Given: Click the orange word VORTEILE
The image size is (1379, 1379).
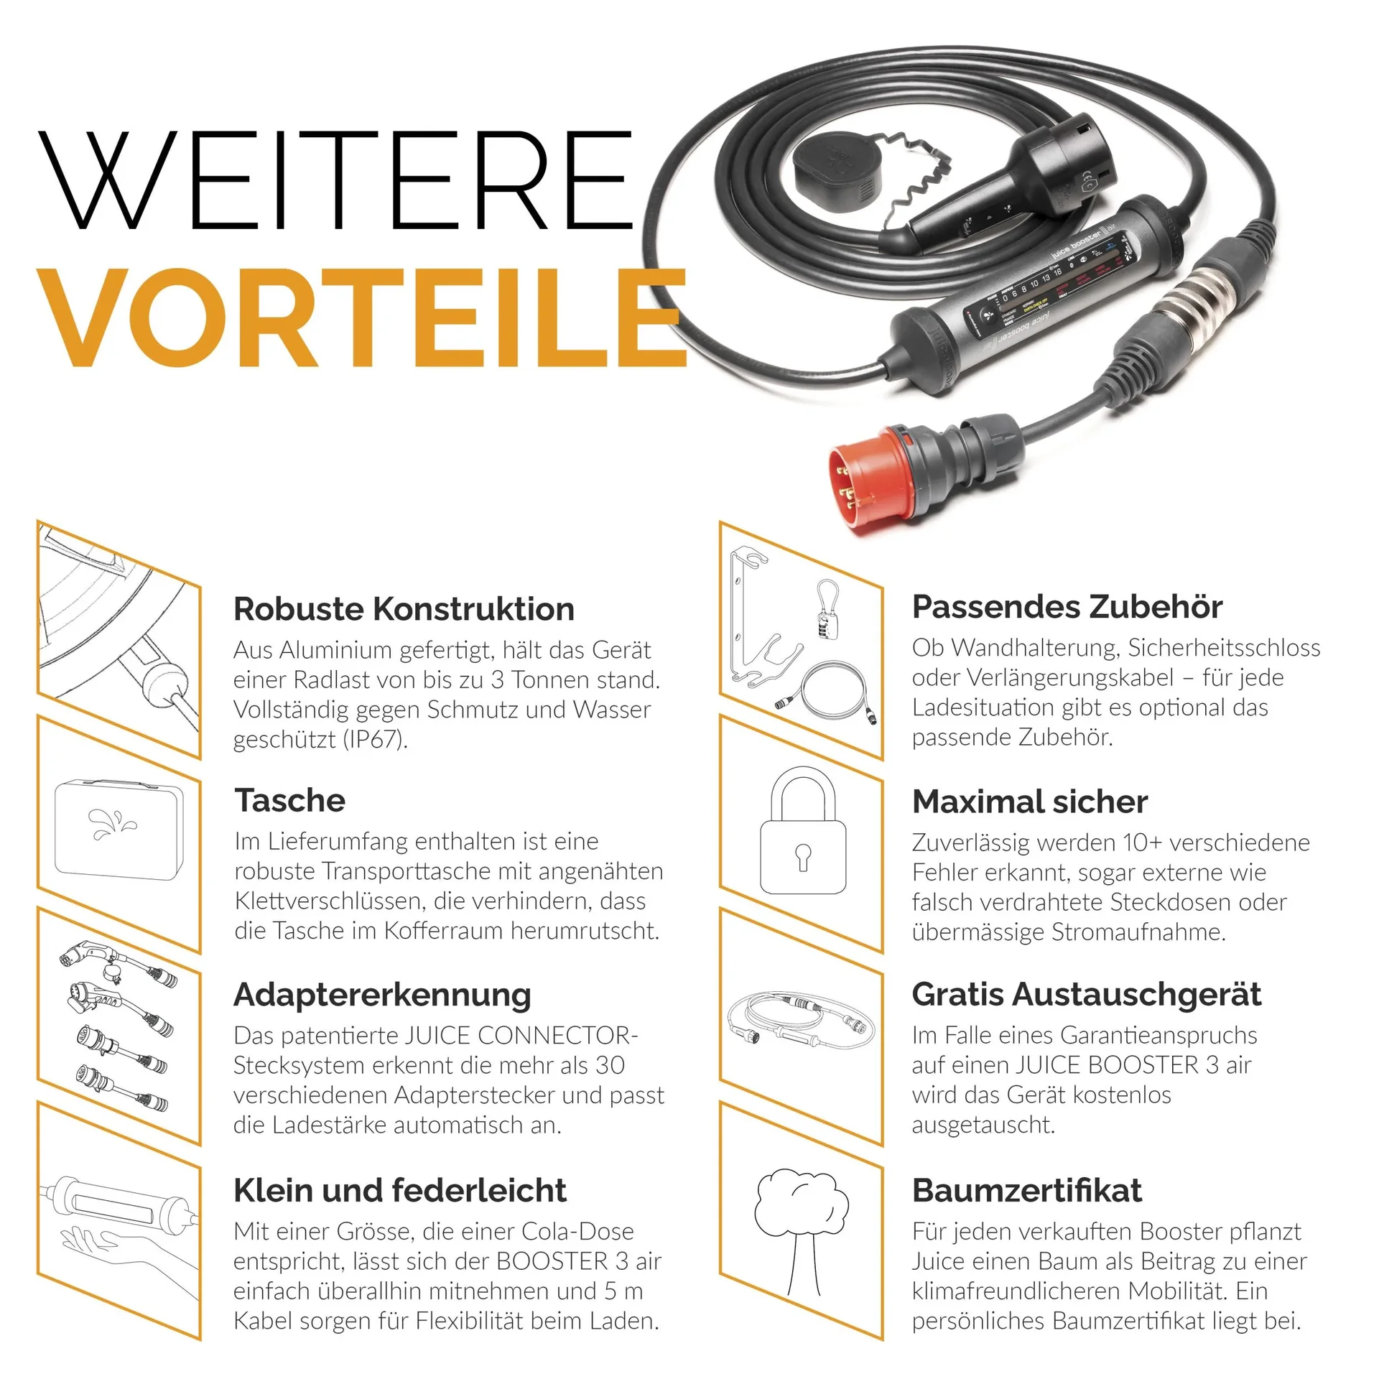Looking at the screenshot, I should [x=363, y=317].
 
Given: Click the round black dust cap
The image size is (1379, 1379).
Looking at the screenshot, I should [x=837, y=170].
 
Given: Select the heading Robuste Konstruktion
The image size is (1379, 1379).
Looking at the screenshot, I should [x=404, y=609].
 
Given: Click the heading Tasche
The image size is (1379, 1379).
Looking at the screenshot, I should [x=289, y=800].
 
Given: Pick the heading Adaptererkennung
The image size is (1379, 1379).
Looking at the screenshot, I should [x=382, y=995].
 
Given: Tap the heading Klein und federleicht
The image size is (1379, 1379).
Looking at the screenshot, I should [x=399, y=1190].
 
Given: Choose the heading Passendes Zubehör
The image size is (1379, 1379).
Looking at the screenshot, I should [x=1067, y=607].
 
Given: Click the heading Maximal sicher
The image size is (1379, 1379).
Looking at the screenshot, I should [x=1029, y=802].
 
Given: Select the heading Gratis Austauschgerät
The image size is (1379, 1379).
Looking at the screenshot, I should [x=1086, y=995].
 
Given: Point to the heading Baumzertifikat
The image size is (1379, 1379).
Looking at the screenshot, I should [x=1026, y=1190].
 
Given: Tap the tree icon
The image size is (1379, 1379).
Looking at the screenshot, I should [x=802, y=1230].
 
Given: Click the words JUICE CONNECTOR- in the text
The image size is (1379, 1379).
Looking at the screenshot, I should [x=521, y=1036].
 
